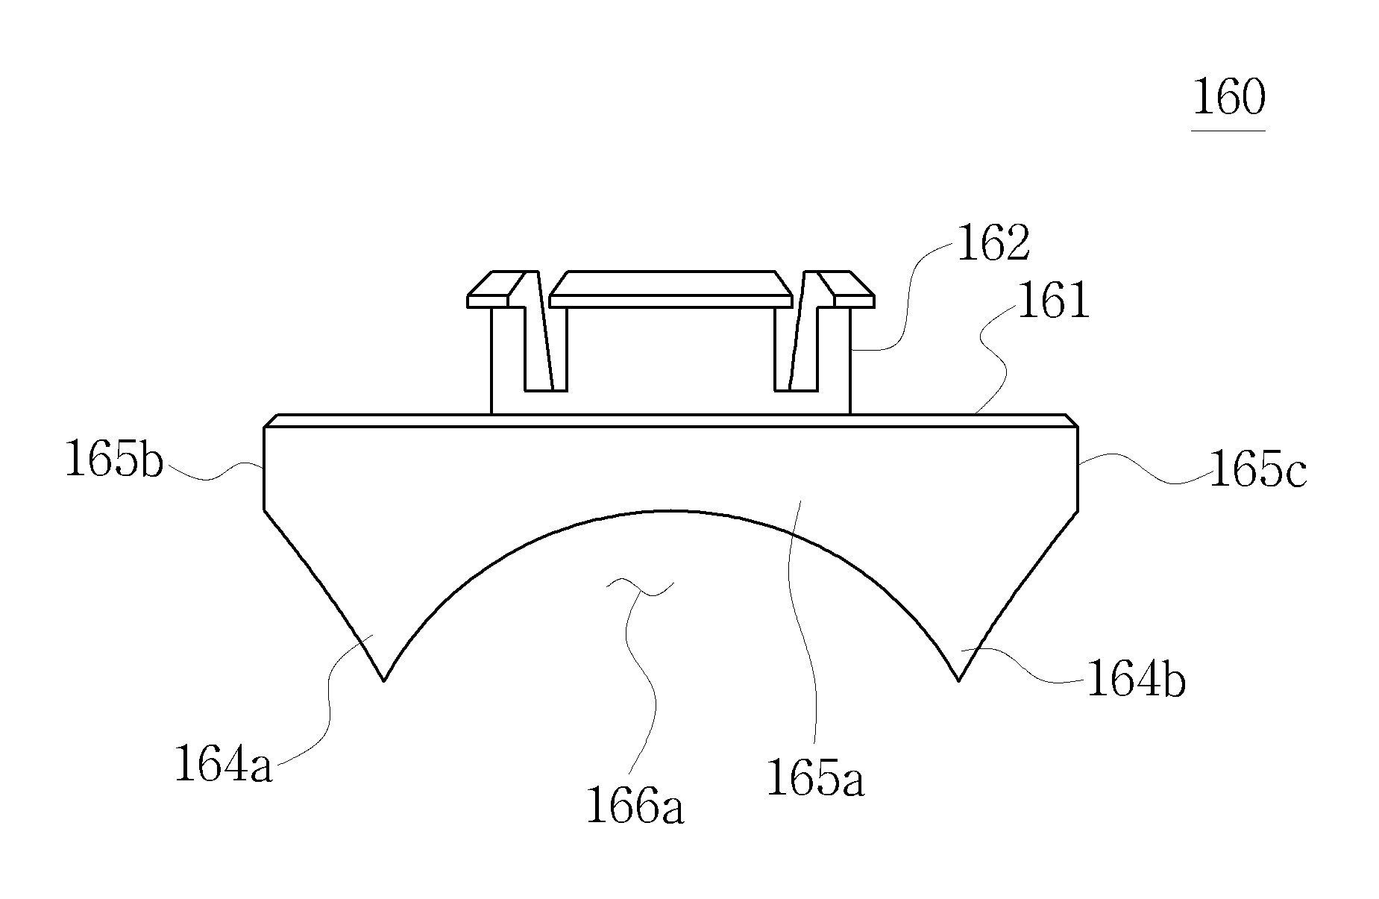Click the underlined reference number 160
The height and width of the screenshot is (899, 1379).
tap(1228, 99)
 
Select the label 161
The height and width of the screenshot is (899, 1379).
tap(1053, 302)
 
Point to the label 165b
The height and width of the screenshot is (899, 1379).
tap(114, 458)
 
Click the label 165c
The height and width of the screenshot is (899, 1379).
tap(1257, 470)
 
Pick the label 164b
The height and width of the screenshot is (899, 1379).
tap(1136, 680)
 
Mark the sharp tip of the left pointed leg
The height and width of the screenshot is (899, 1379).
tap(383, 680)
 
